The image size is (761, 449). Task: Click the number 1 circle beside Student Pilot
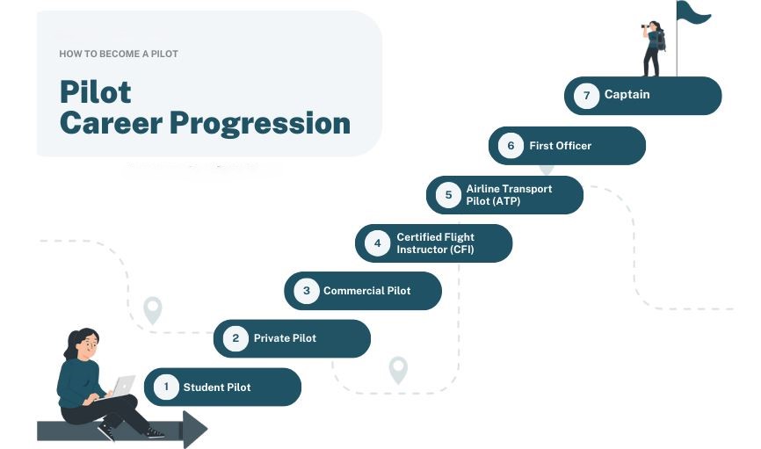pyautogui.click(x=166, y=387)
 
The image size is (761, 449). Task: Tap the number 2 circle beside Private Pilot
pyautogui.click(x=236, y=338)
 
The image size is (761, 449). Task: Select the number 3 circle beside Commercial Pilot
pyautogui.click(x=307, y=291)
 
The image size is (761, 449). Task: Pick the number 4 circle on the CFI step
pyautogui.click(x=377, y=243)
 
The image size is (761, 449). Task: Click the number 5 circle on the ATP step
pyautogui.click(x=448, y=195)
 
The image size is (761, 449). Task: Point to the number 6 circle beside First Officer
pyautogui.click(x=511, y=146)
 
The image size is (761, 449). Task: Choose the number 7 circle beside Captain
pyautogui.click(x=586, y=96)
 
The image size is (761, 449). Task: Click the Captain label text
pyautogui.click(x=627, y=95)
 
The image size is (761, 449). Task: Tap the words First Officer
pyautogui.click(x=561, y=146)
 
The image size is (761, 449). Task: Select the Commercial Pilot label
pyautogui.click(x=367, y=291)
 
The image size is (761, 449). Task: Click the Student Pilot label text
pyautogui.click(x=217, y=387)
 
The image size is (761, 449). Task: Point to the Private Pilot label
pyautogui.click(x=285, y=338)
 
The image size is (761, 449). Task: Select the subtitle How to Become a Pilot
pyautogui.click(x=119, y=54)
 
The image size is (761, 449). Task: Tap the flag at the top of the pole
pyautogui.click(x=692, y=11)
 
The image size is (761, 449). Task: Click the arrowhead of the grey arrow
pyautogui.click(x=194, y=430)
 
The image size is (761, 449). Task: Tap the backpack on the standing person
pyautogui.click(x=661, y=40)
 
